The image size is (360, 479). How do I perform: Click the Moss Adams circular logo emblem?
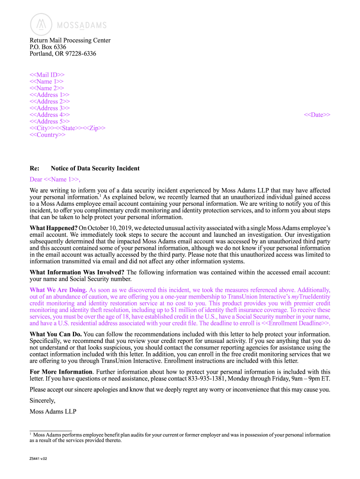click(42, 25)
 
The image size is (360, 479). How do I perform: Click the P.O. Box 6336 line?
click(48, 47)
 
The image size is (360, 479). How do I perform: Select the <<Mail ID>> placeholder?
click(47, 74)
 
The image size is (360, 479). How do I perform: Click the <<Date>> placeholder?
click(317, 115)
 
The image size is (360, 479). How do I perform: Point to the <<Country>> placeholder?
click(48, 135)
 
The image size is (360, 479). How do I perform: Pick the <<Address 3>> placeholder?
click(50, 108)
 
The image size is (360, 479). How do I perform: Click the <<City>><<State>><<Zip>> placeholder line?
click(67, 128)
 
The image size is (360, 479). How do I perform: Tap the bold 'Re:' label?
click(34, 168)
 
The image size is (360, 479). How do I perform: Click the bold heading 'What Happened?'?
click(53, 228)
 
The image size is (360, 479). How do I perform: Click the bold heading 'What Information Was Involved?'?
click(77, 272)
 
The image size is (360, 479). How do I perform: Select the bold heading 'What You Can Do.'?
click(56, 334)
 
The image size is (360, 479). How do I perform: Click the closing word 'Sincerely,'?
click(43, 401)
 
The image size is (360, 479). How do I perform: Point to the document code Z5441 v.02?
click(38, 458)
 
